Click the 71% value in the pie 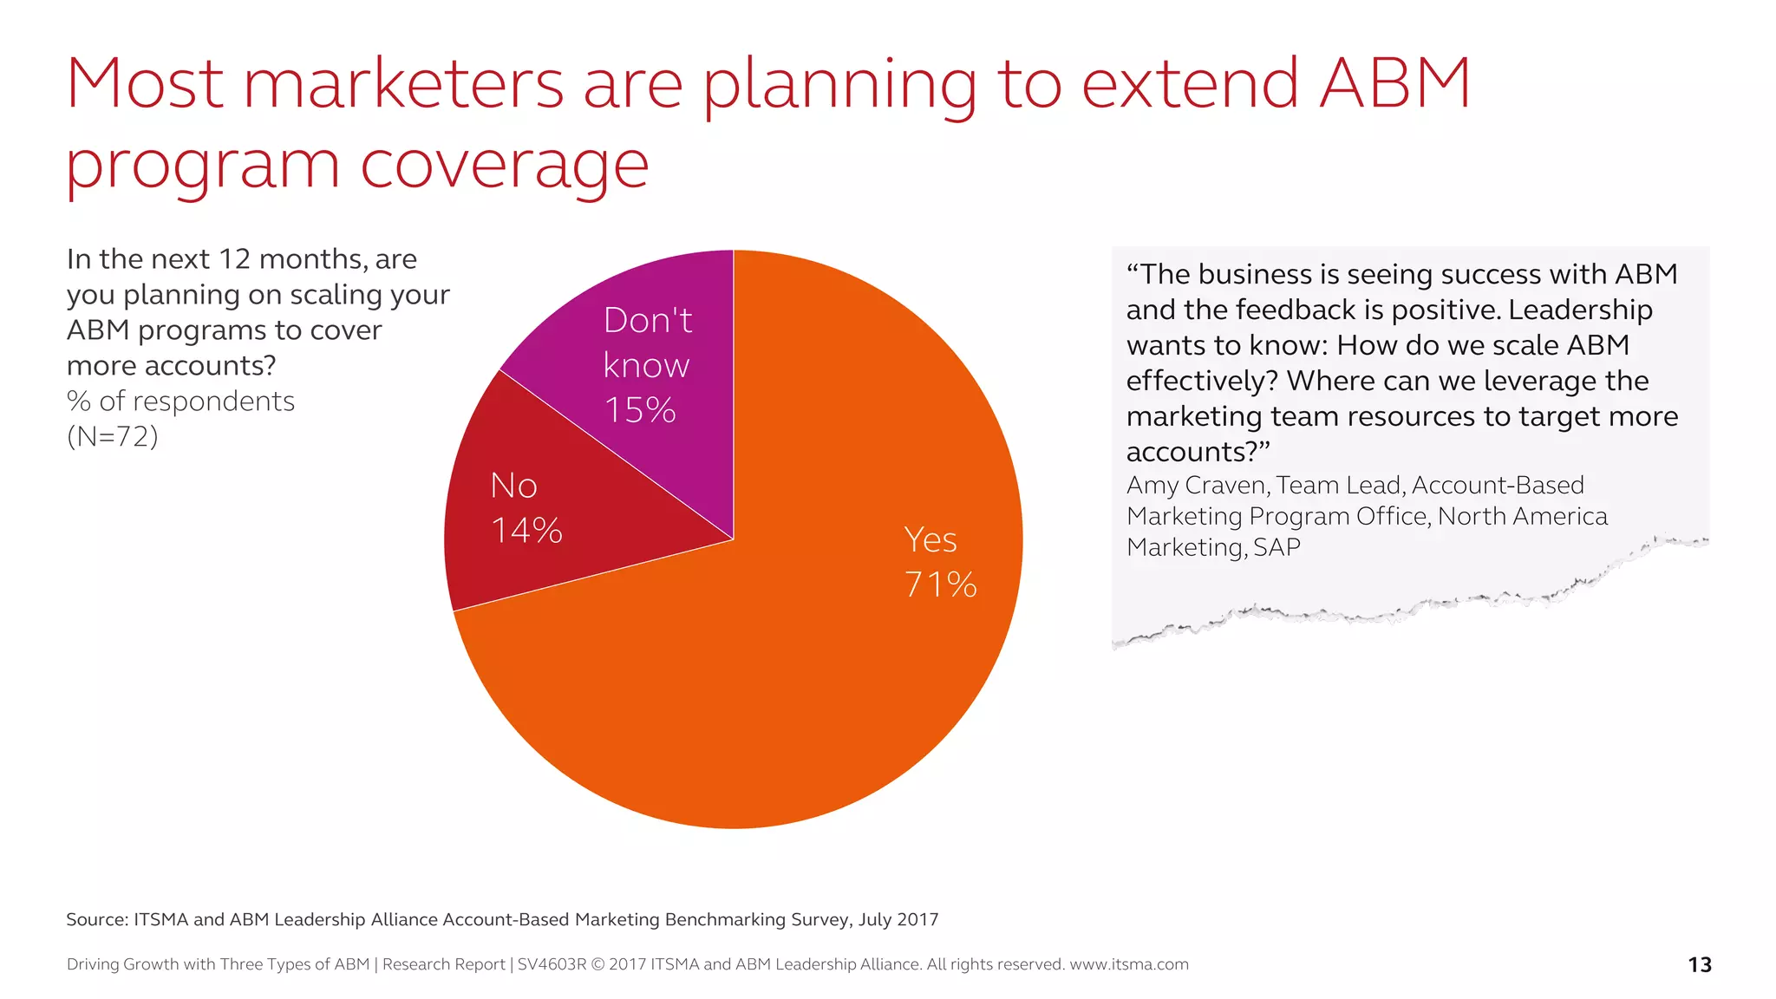[x=940, y=584]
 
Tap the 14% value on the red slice [x=526, y=531]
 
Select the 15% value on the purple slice [x=640, y=410]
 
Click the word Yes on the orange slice [x=930, y=540]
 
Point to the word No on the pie [x=513, y=486]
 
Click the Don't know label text [x=647, y=343]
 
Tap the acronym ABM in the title [x=1394, y=83]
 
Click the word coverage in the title [x=504, y=165]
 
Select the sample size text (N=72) [x=113, y=436]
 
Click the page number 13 [x=1700, y=964]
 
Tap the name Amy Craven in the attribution [x=1197, y=486]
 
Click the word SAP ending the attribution [x=1276, y=548]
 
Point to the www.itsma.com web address [x=1128, y=964]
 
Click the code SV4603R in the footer [x=552, y=964]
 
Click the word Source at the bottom [x=95, y=919]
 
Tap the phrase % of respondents [x=180, y=402]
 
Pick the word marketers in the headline [x=403, y=83]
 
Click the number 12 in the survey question [x=234, y=259]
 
